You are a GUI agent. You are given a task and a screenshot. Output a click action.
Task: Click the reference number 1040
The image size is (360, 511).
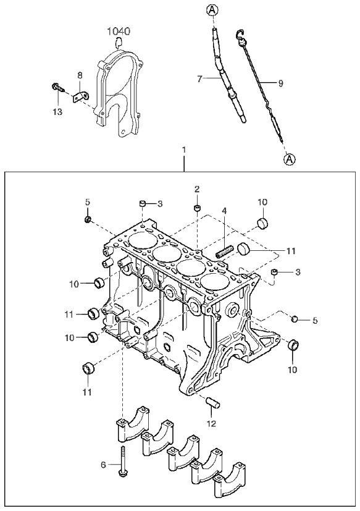(x=119, y=32)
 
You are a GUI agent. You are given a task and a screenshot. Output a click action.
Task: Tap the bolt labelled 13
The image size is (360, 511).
(x=58, y=87)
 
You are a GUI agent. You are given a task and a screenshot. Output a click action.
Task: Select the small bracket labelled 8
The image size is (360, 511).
(x=80, y=96)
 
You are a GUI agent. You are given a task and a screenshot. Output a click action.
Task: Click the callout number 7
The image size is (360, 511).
(x=200, y=78)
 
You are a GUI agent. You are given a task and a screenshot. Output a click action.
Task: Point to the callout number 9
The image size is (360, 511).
(x=280, y=83)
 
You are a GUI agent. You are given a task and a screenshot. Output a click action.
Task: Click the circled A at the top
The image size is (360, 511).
(x=212, y=10)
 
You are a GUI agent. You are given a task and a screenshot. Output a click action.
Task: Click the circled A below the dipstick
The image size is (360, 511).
(x=290, y=159)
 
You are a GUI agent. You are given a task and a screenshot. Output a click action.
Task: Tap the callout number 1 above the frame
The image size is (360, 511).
(x=184, y=150)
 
